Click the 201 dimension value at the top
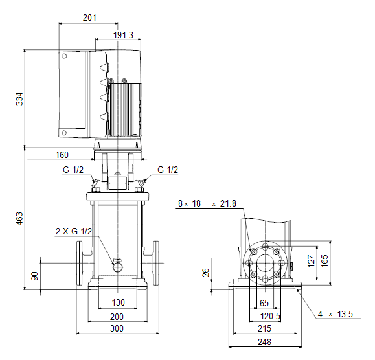(x=89, y=17)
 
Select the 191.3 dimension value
(x=123, y=35)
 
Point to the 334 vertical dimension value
(x=19, y=99)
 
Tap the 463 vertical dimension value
(x=19, y=218)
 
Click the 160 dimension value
(x=62, y=155)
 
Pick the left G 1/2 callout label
(x=73, y=170)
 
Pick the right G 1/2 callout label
(x=168, y=170)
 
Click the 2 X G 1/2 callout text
(x=74, y=231)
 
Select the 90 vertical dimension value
(x=35, y=276)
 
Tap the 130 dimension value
(x=118, y=302)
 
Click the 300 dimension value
(x=117, y=328)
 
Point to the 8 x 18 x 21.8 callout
(x=207, y=203)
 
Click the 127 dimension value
(x=311, y=261)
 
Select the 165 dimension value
(x=324, y=261)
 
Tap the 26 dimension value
(x=206, y=273)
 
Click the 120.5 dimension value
(x=270, y=316)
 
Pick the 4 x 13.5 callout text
(x=335, y=314)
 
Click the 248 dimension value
(x=264, y=342)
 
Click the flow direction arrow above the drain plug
(x=117, y=260)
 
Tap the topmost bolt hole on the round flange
(x=265, y=247)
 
